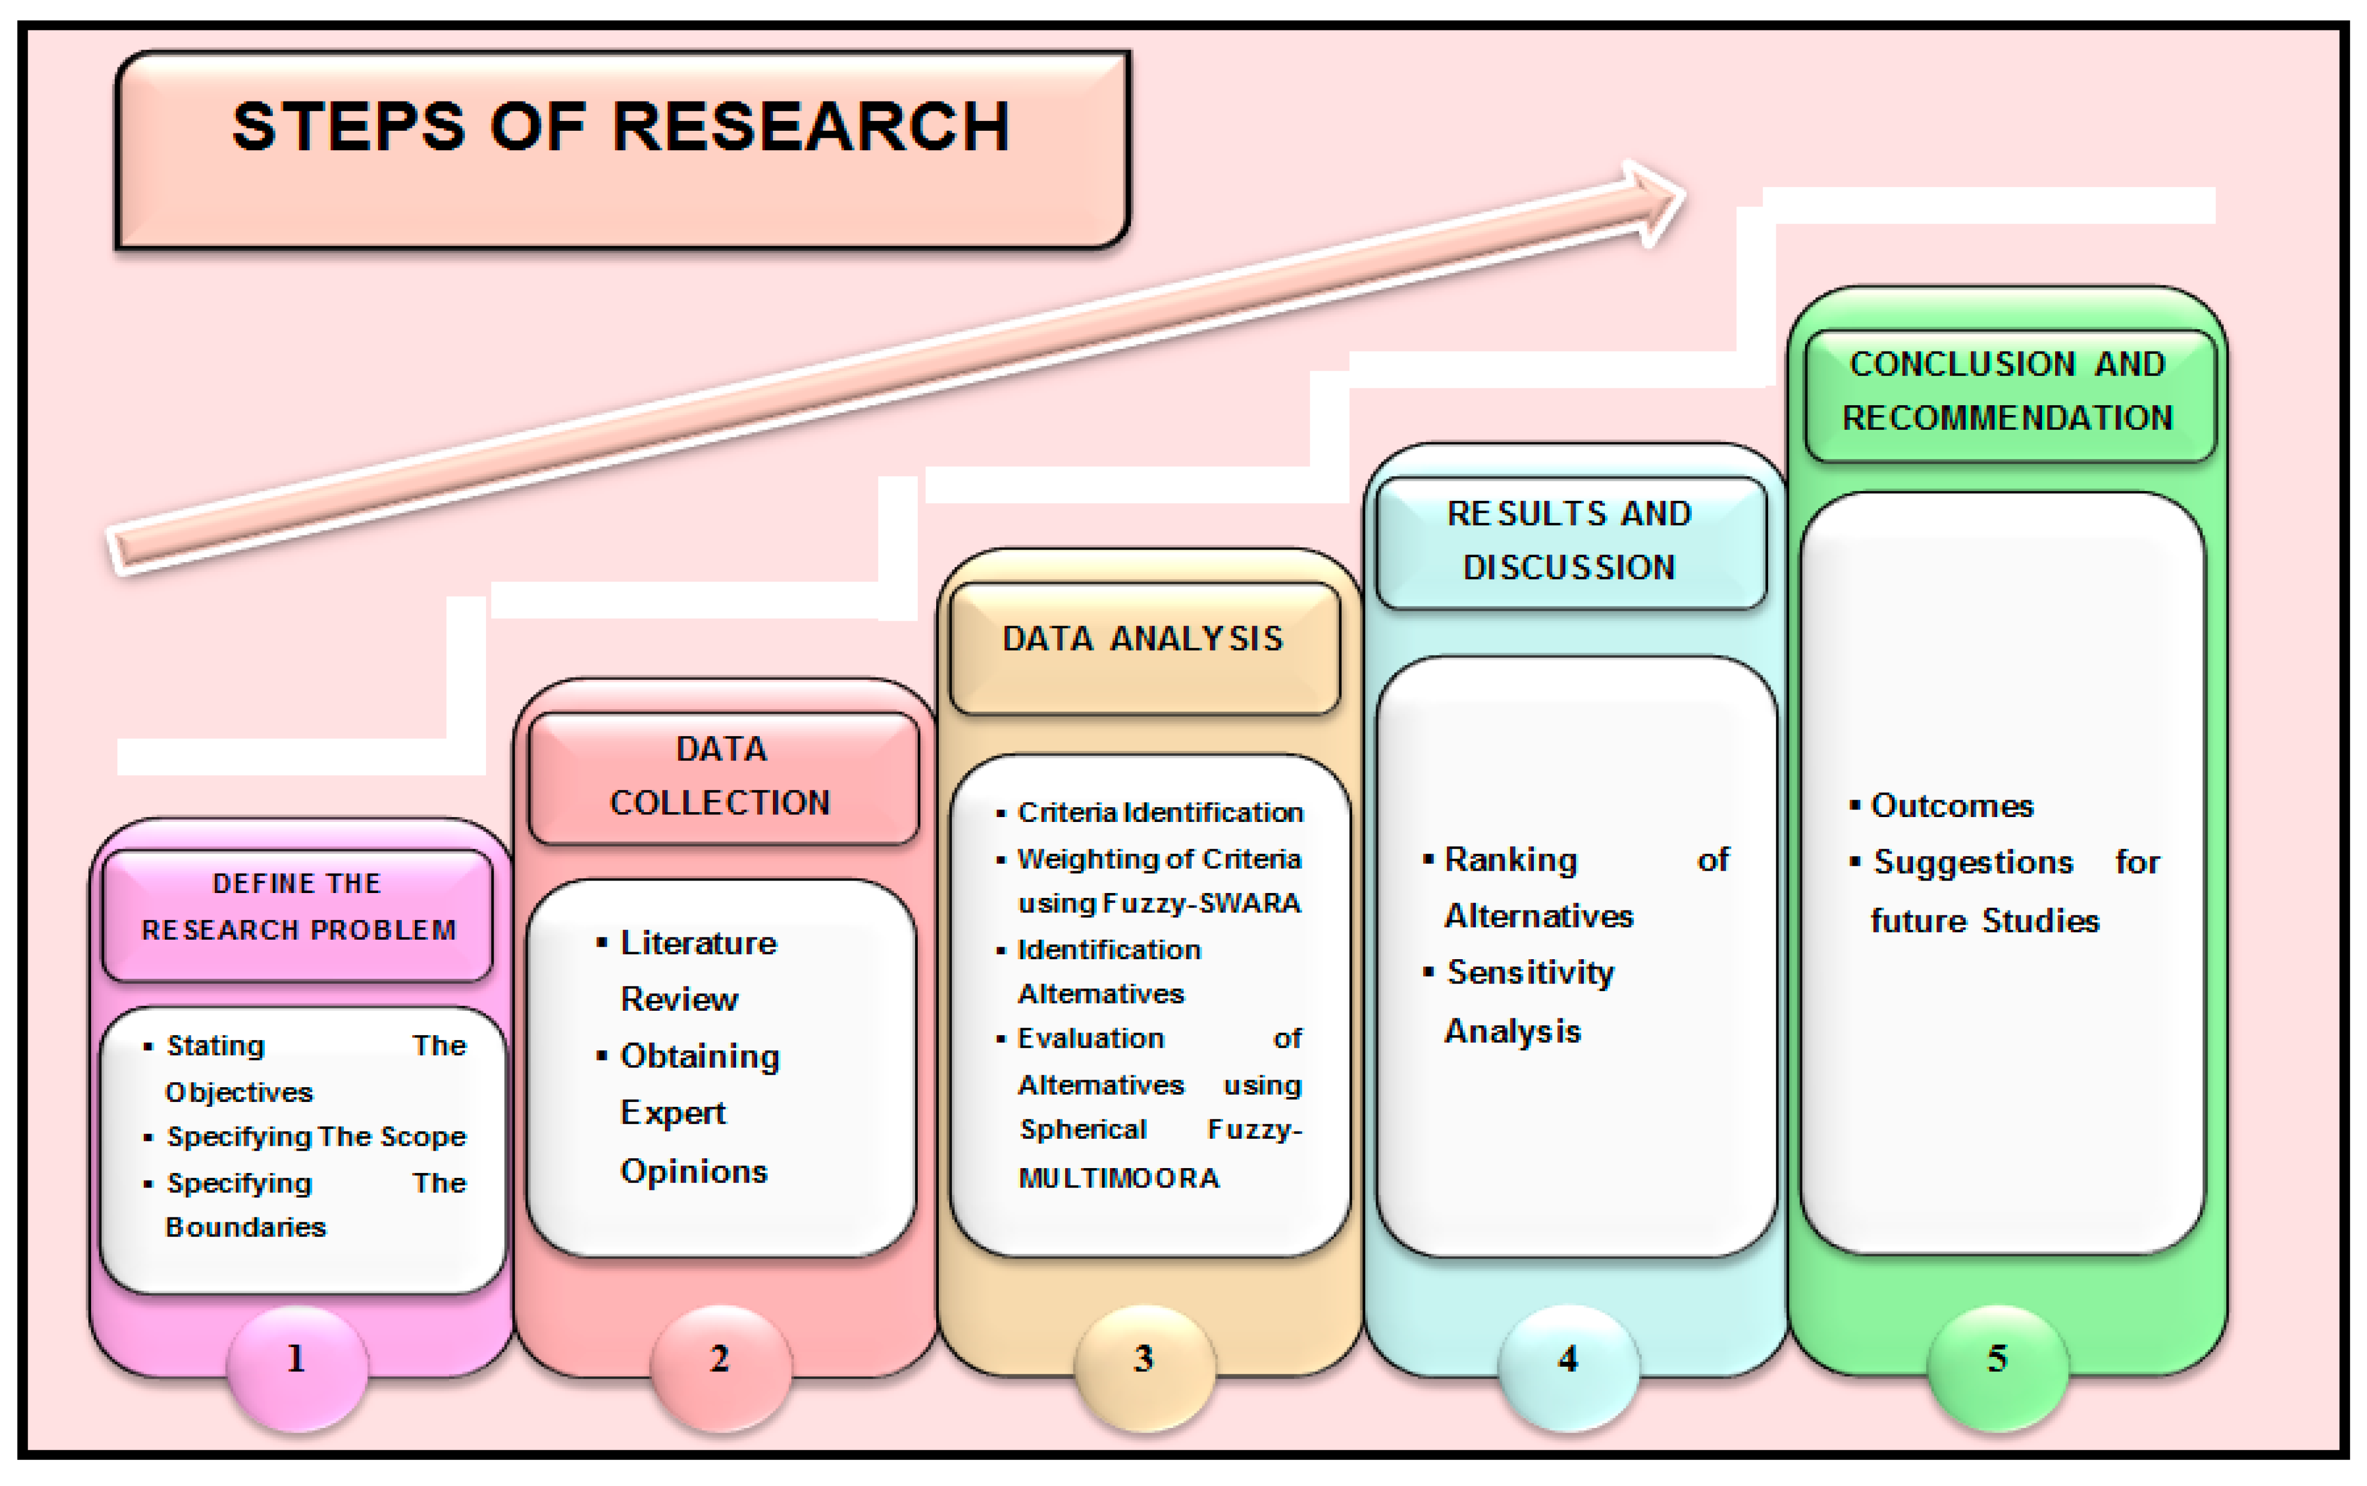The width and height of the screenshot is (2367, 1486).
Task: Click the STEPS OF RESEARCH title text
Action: (x=621, y=127)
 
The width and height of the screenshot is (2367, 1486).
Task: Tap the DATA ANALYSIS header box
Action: (x=1144, y=647)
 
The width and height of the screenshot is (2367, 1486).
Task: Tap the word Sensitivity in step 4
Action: (x=1530, y=973)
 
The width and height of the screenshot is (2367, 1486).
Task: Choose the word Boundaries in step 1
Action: (x=246, y=1228)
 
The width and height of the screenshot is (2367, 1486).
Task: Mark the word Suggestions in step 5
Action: (x=1973, y=863)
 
